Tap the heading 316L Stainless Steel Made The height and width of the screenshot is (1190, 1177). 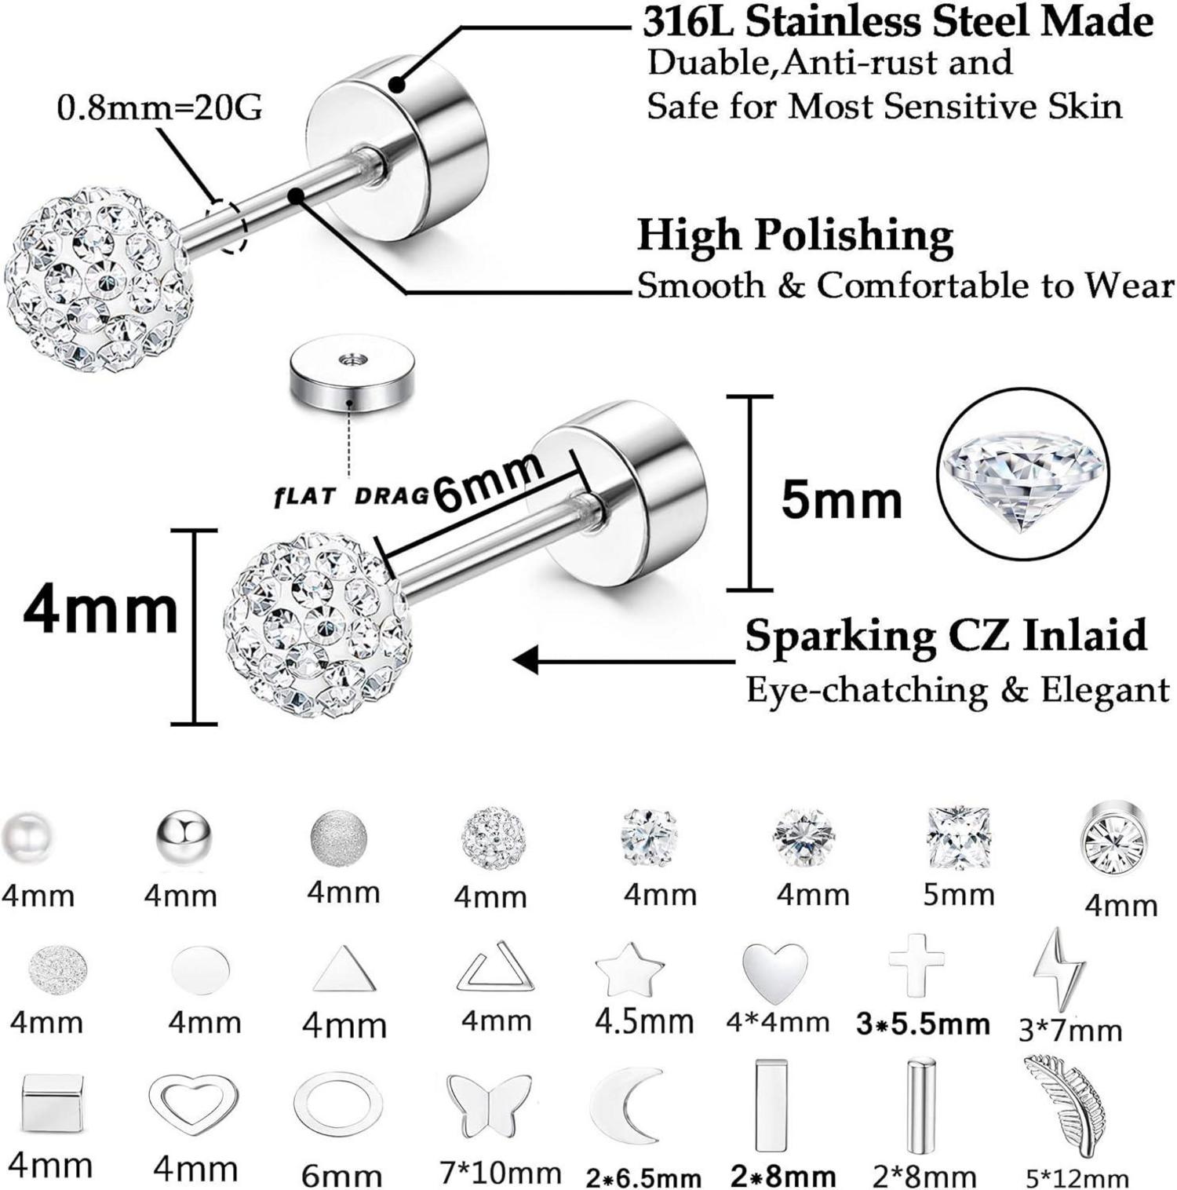coord(897,22)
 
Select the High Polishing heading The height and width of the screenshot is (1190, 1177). coord(795,235)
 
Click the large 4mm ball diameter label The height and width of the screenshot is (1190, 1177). coord(100,611)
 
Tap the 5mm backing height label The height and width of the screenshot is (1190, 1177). coord(841,500)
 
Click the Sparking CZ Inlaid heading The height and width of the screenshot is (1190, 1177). coord(946,635)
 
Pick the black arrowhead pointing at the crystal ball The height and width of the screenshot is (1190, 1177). coord(526,659)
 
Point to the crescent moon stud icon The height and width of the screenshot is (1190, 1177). coord(625,1101)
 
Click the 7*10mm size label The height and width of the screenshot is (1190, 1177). coord(501,1174)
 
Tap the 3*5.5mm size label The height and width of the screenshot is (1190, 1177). coord(923,1024)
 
